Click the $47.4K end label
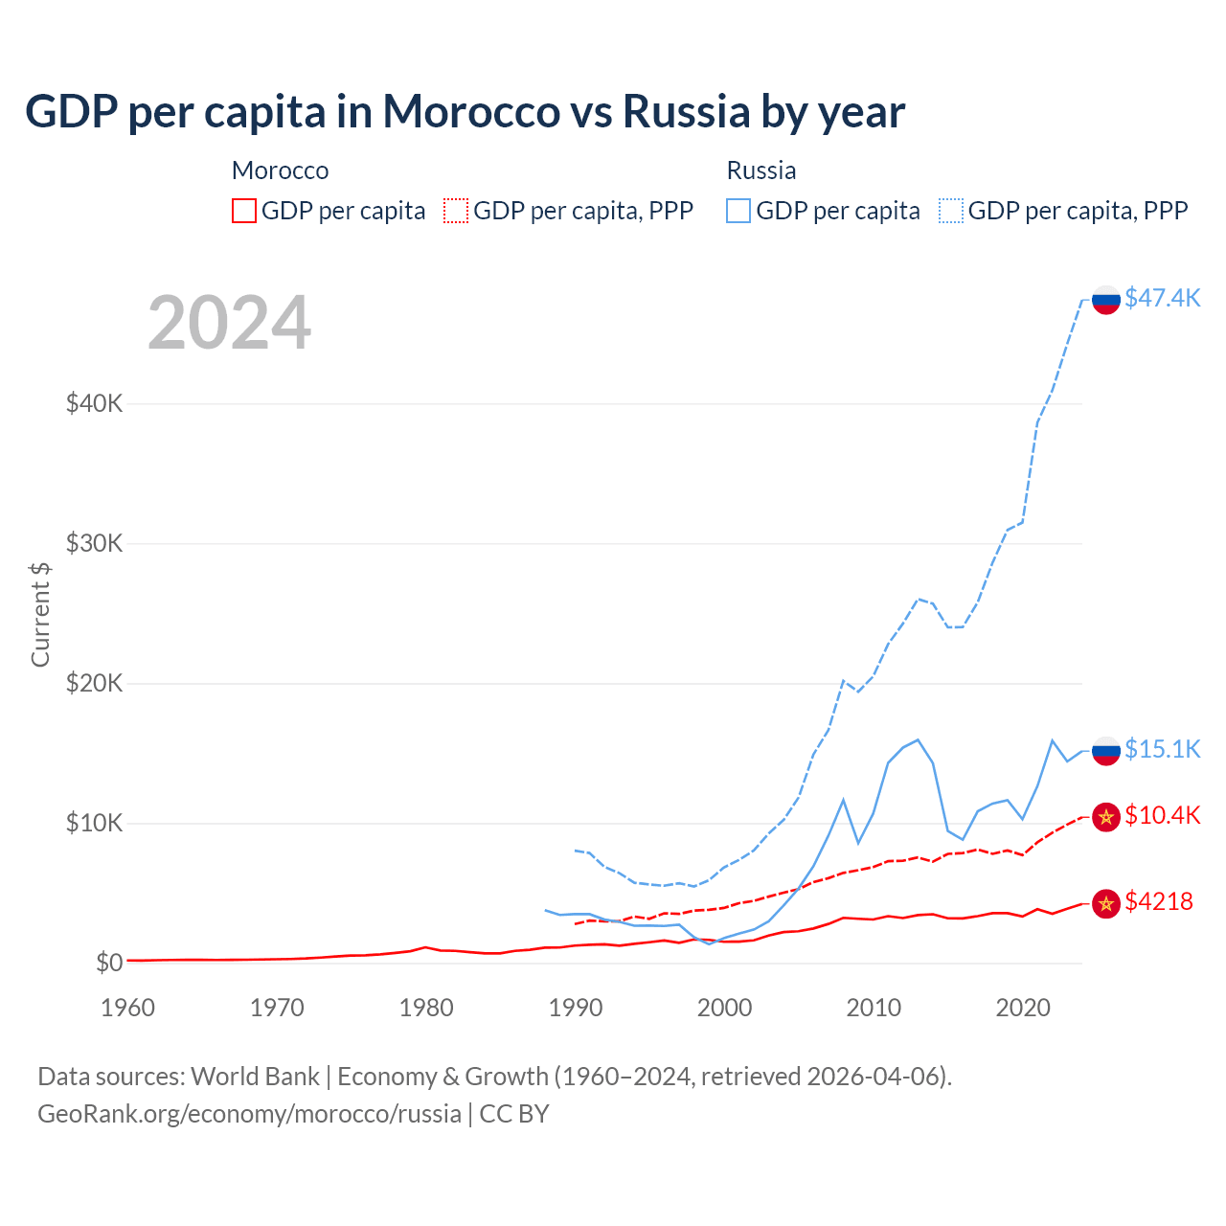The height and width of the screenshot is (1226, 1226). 1162,298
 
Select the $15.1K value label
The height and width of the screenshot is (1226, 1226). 1162,749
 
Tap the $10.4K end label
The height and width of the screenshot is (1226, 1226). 1162,815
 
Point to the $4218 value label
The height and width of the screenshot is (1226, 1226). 1158,901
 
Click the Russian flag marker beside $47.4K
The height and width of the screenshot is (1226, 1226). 1106,299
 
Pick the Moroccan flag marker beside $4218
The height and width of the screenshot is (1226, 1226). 1106,903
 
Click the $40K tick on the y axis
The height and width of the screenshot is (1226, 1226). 94,403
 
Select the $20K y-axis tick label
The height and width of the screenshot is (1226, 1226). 94,683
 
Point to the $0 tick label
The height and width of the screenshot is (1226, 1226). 109,963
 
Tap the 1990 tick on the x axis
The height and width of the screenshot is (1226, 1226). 576,1008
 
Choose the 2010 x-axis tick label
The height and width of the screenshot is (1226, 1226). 874,1008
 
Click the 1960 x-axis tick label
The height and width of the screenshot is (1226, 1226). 128,1008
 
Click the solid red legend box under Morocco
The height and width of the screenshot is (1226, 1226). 244,211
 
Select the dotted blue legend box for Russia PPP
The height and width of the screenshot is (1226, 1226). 951,211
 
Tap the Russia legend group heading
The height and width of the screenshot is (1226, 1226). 761,170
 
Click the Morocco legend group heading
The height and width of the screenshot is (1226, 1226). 280,170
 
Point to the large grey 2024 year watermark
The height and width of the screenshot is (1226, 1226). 229,323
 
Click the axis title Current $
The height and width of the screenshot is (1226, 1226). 40,614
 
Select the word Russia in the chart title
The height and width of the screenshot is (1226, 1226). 686,111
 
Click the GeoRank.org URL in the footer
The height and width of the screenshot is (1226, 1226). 249,1114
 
